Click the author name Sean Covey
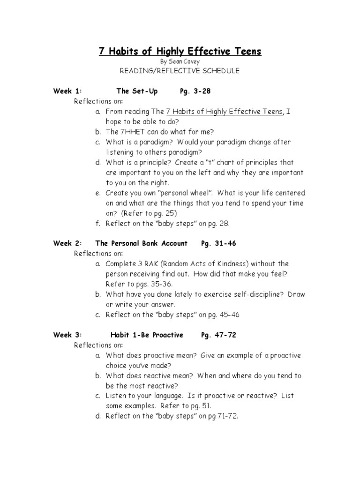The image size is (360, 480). click(x=185, y=61)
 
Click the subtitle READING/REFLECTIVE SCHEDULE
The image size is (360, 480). click(x=180, y=71)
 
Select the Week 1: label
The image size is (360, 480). click(x=67, y=91)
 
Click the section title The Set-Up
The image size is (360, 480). click(x=137, y=91)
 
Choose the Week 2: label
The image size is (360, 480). click(x=67, y=243)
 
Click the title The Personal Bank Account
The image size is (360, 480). click(x=141, y=243)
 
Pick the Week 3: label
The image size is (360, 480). click(x=67, y=335)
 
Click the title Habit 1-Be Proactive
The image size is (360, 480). click(x=147, y=335)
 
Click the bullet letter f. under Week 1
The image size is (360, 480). click(x=98, y=224)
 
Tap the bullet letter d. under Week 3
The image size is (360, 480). click(x=98, y=416)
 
